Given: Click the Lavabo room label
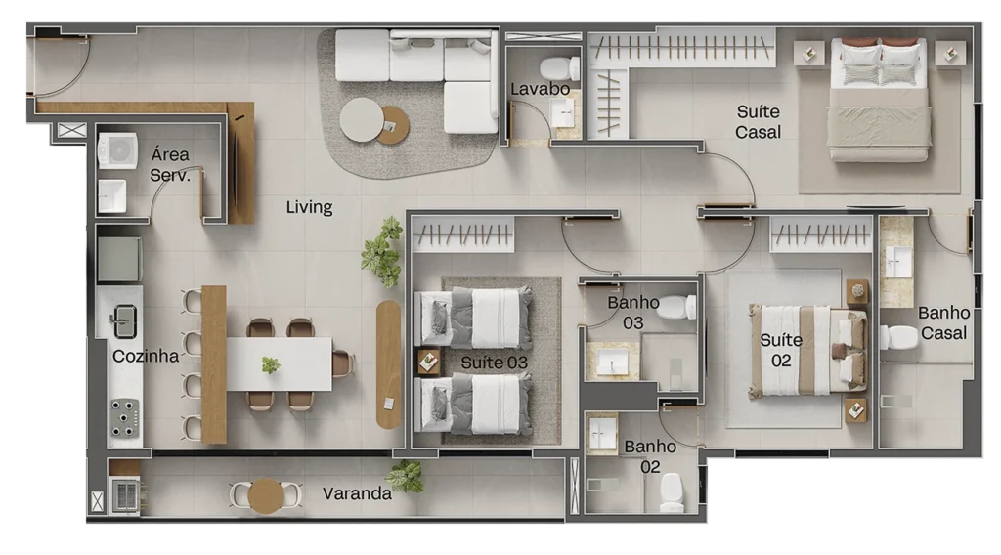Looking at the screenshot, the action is point(540,89).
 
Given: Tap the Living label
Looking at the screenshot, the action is point(309,207).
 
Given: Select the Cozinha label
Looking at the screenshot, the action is point(146,356).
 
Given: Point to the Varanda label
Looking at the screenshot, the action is point(357,493).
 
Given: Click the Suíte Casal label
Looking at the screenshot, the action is point(758,122).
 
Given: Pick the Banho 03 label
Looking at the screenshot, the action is point(632,313).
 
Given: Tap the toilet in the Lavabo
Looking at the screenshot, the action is point(559,68).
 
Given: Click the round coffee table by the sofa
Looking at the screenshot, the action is point(362,120).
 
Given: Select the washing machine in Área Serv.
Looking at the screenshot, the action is point(117,150).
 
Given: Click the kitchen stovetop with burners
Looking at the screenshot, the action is point(124,418).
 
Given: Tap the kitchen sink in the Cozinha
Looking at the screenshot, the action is point(123,320).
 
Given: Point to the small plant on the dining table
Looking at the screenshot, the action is point(271,364).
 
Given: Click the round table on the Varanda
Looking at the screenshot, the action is point(266,495).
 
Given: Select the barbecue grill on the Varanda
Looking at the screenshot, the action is point(126,495).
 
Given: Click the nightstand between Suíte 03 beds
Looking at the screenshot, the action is point(428,363).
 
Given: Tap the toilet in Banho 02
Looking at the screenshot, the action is point(672,493).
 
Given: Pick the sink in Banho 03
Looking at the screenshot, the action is point(612,363).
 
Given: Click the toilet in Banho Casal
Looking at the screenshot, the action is point(897,337).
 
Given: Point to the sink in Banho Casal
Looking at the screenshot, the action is point(897,262).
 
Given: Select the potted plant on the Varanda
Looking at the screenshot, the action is point(405,476).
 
